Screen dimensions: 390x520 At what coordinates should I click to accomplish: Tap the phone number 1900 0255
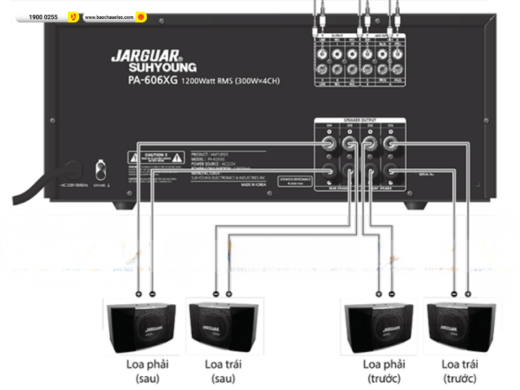(x=42, y=17)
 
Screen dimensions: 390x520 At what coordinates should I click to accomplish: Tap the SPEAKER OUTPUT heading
(x=360, y=121)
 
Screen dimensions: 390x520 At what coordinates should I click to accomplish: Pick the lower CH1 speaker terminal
(x=391, y=172)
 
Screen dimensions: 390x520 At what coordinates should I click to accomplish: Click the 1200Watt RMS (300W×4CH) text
(x=235, y=82)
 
